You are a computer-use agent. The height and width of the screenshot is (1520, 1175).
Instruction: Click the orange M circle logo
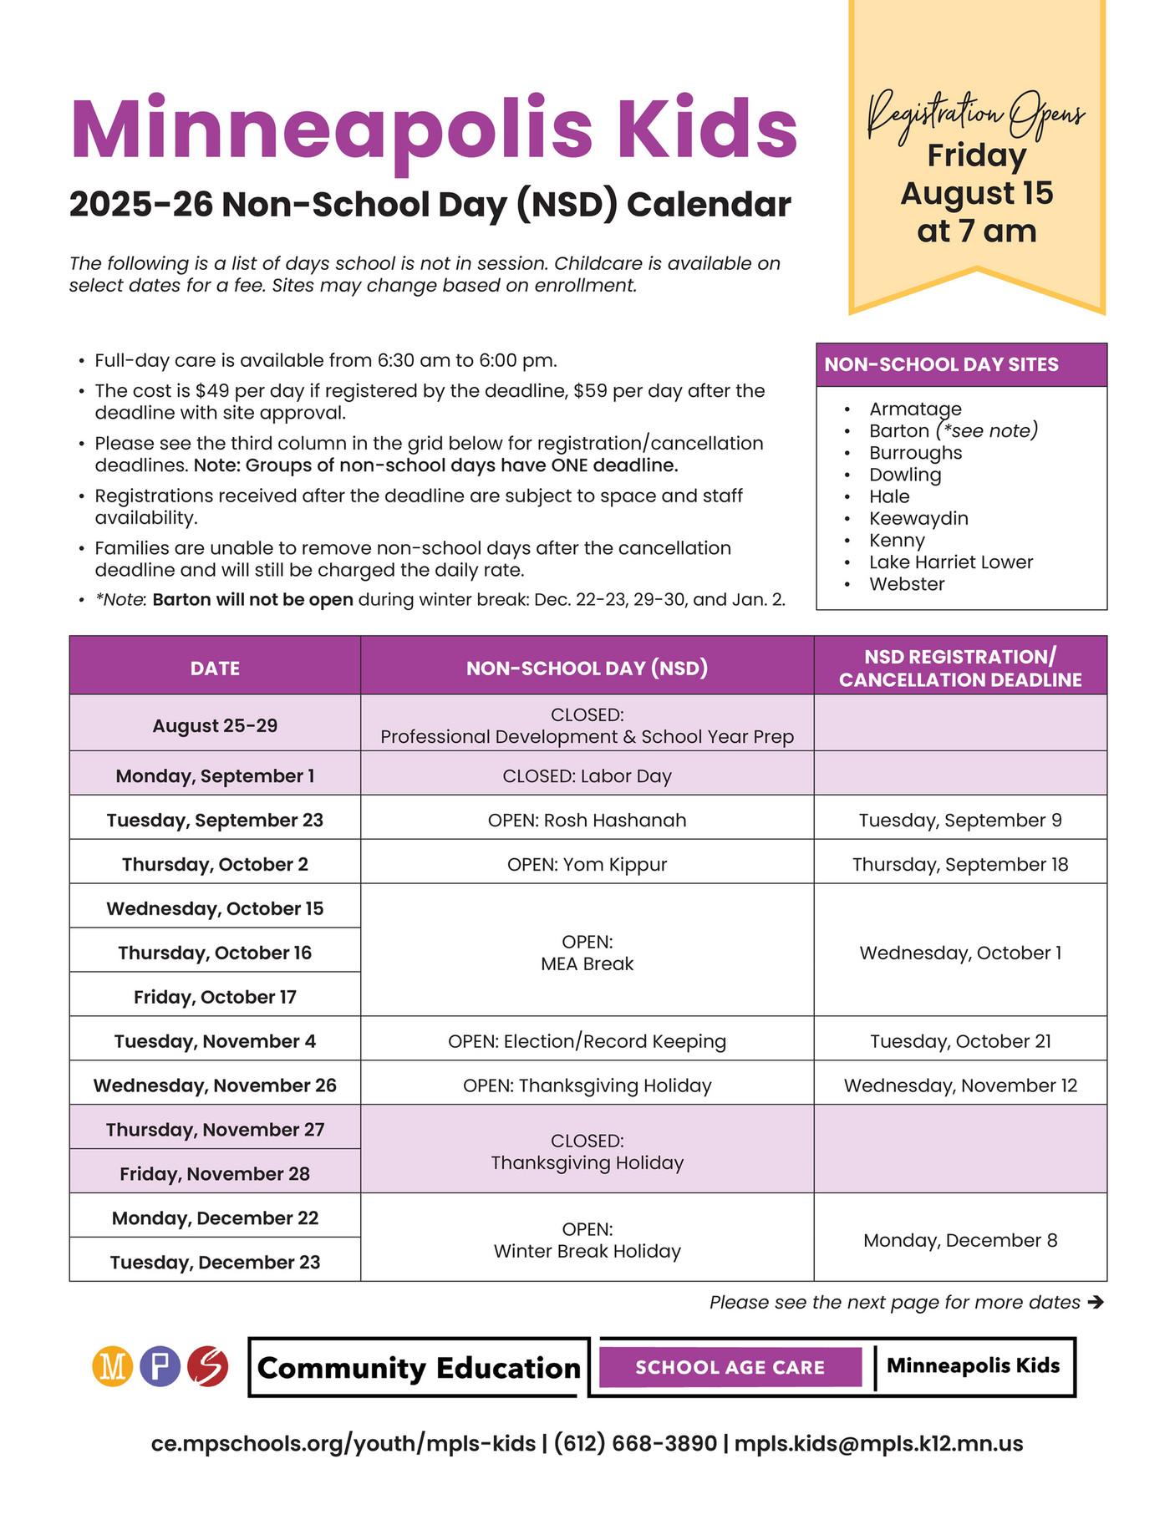[x=112, y=1367]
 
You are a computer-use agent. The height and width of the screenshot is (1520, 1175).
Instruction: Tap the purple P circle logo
[x=160, y=1367]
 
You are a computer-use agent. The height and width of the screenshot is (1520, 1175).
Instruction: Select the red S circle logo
[x=207, y=1367]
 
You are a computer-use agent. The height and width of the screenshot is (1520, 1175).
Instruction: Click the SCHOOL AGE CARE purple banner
[x=730, y=1368]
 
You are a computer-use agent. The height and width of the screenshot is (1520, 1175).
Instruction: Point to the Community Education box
[x=419, y=1368]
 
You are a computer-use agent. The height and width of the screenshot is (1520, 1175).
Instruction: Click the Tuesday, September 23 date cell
[x=215, y=821]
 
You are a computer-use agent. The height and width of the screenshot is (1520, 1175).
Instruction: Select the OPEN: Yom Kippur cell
[x=587, y=865]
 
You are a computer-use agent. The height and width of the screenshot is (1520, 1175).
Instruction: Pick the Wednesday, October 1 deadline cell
[x=960, y=953]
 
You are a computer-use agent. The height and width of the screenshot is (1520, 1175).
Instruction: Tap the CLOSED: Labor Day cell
[x=587, y=776]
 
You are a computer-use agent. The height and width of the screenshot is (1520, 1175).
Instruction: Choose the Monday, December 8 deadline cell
[x=960, y=1241]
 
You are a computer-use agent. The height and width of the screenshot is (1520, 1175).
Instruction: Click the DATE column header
[x=215, y=668]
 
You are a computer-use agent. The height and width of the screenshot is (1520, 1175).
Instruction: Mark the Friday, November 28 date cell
[x=215, y=1174]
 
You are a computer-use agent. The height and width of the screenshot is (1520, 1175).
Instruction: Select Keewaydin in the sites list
[x=918, y=519]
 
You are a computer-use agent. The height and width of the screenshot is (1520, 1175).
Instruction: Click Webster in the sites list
[x=907, y=584]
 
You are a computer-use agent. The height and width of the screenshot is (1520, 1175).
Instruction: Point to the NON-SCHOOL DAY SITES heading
[x=941, y=365]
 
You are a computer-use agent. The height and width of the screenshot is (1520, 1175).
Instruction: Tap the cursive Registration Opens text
[x=975, y=115]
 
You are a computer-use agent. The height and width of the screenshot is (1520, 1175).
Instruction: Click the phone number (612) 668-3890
[x=635, y=1444]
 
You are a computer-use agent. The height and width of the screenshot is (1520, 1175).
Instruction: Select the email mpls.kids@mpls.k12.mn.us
[x=878, y=1444]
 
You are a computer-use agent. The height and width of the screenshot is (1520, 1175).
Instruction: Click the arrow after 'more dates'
[x=1096, y=1302]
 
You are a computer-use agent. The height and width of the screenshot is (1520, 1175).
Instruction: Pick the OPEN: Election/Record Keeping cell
[x=587, y=1042]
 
